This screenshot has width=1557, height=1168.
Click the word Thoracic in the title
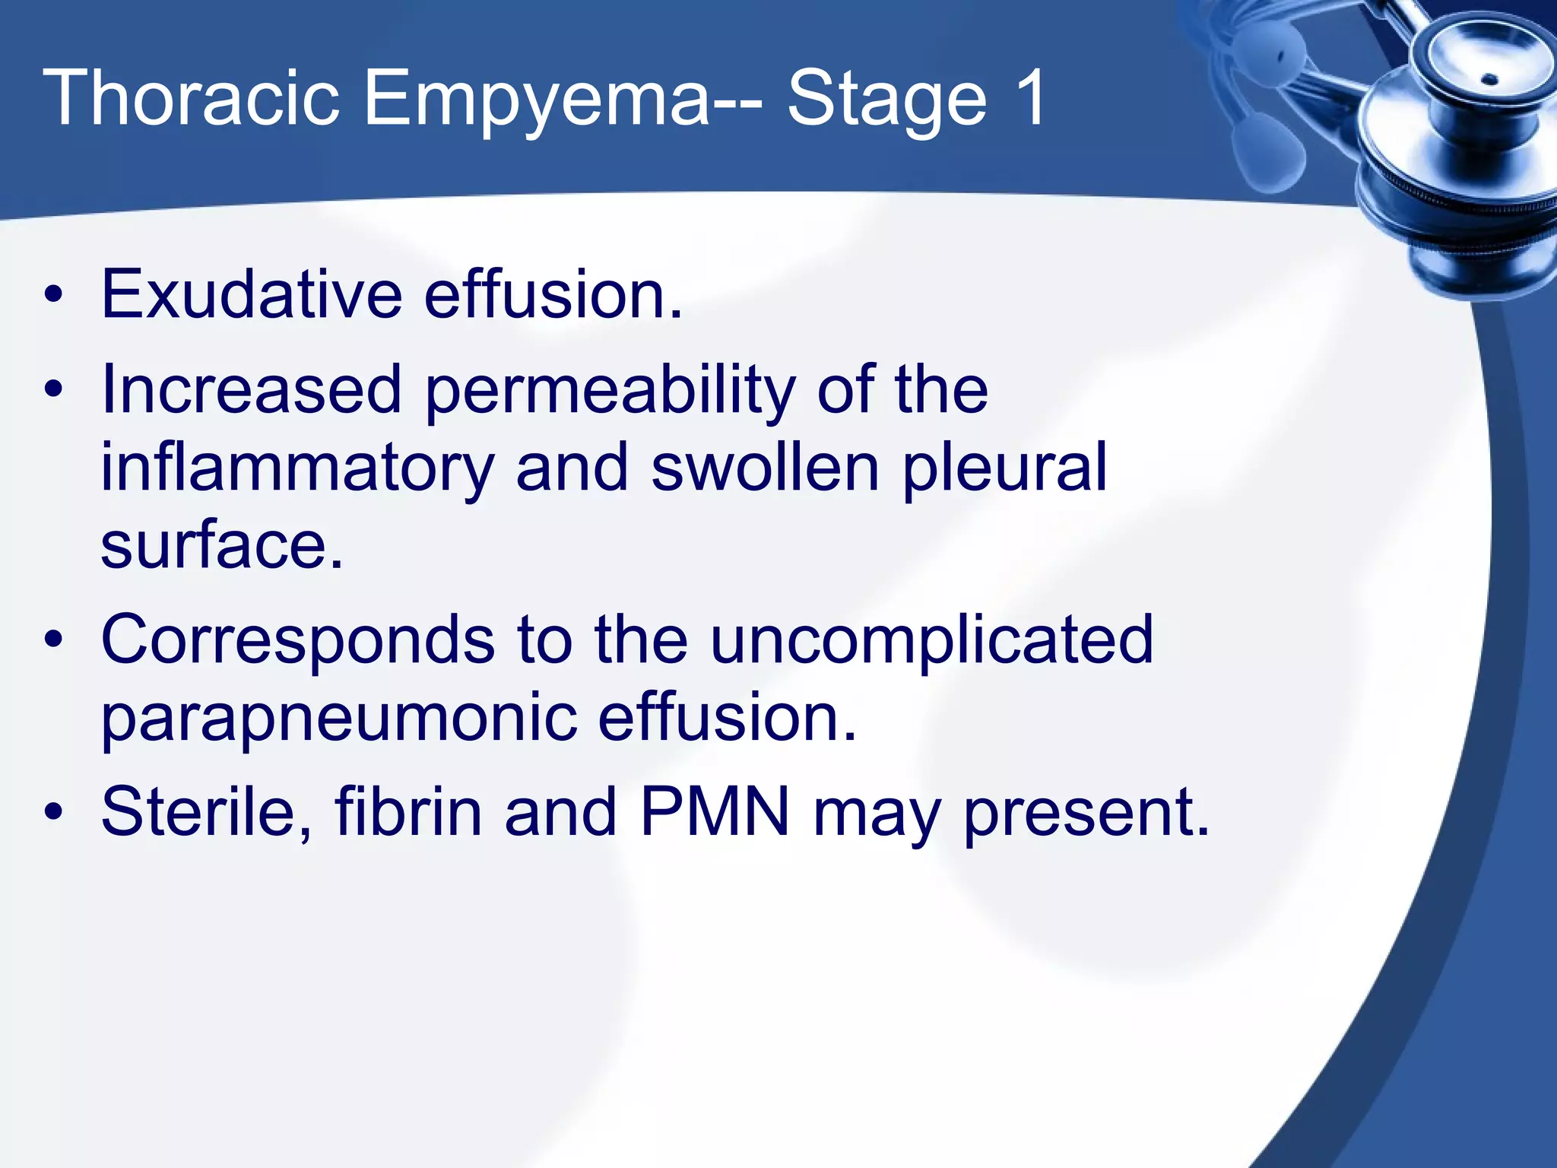coord(190,99)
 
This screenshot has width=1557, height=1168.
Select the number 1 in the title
coord(1032,99)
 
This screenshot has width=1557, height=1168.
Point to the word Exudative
coord(251,294)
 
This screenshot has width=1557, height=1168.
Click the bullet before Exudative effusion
coord(53,296)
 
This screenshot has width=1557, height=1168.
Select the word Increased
coord(251,389)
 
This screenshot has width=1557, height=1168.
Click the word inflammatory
coord(296,470)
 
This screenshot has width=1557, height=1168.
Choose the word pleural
coord(1004,470)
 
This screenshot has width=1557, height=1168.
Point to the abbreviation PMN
coord(715,813)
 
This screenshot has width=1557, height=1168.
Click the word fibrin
coord(408,813)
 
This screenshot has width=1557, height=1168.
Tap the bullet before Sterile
coord(53,814)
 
